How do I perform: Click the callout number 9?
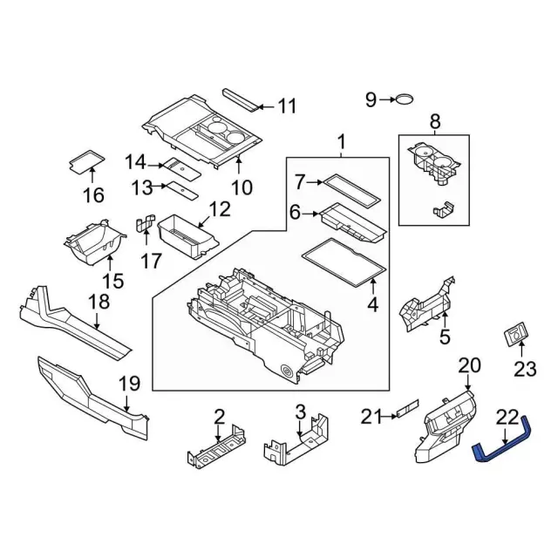pos(371,100)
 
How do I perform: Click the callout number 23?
pos(524,369)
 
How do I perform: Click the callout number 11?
pos(287,107)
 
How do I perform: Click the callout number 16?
pos(92,194)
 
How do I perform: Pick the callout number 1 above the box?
pos(342,142)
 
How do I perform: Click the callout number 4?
pos(372,305)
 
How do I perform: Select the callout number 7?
pos(299,182)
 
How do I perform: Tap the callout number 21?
pos(372,418)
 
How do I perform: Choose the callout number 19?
pos(129,382)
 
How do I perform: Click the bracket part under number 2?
pos(214,450)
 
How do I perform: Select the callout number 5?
pos(444,337)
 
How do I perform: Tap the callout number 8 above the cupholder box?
pos(435,121)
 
